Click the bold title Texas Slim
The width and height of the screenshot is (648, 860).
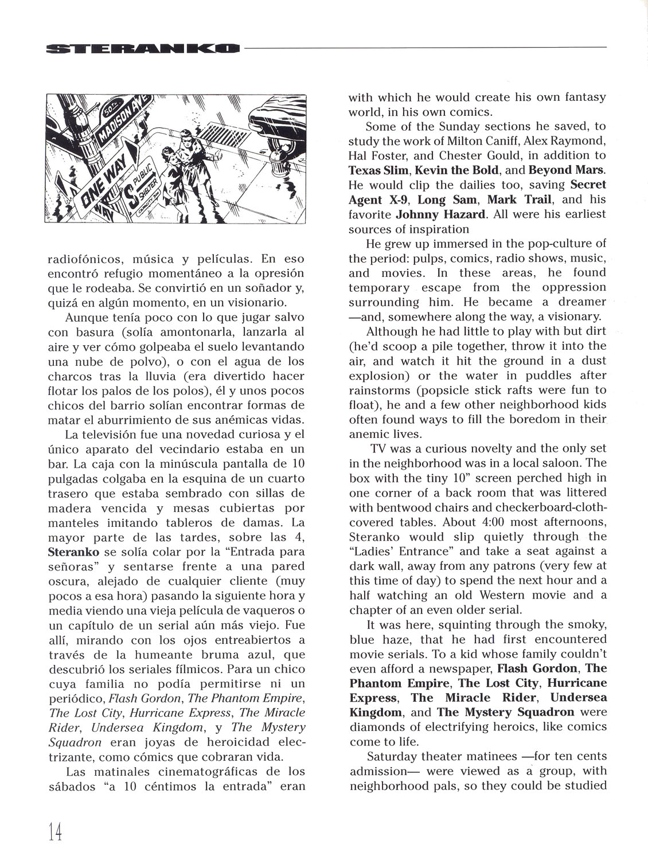378,170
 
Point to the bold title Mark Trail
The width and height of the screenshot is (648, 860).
520,200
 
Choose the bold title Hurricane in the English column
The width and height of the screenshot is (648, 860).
577,683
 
